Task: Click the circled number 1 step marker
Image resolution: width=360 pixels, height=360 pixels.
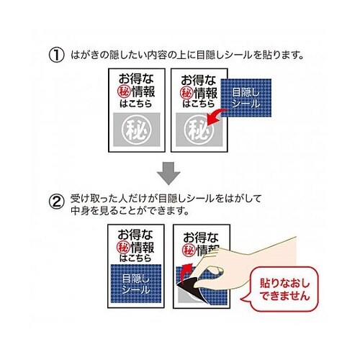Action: coord(57,55)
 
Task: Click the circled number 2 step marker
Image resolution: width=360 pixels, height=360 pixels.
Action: coord(57,202)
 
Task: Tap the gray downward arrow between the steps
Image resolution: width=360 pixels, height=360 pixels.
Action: coord(168,174)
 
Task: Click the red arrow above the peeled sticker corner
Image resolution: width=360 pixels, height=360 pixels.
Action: coord(186,272)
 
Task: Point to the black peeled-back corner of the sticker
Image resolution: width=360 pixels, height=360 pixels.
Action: coord(189,289)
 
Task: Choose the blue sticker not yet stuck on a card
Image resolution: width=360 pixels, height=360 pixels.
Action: coord(246,98)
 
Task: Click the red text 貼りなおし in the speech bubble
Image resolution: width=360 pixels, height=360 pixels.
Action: coord(285,284)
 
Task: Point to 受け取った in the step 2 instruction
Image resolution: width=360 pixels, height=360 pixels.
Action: coord(94,199)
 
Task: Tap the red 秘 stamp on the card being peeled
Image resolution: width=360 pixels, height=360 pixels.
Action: coord(189,251)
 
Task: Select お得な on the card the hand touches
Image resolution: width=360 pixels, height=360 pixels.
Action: coord(201,238)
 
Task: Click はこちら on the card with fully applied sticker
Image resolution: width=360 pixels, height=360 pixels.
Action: coord(135,258)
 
